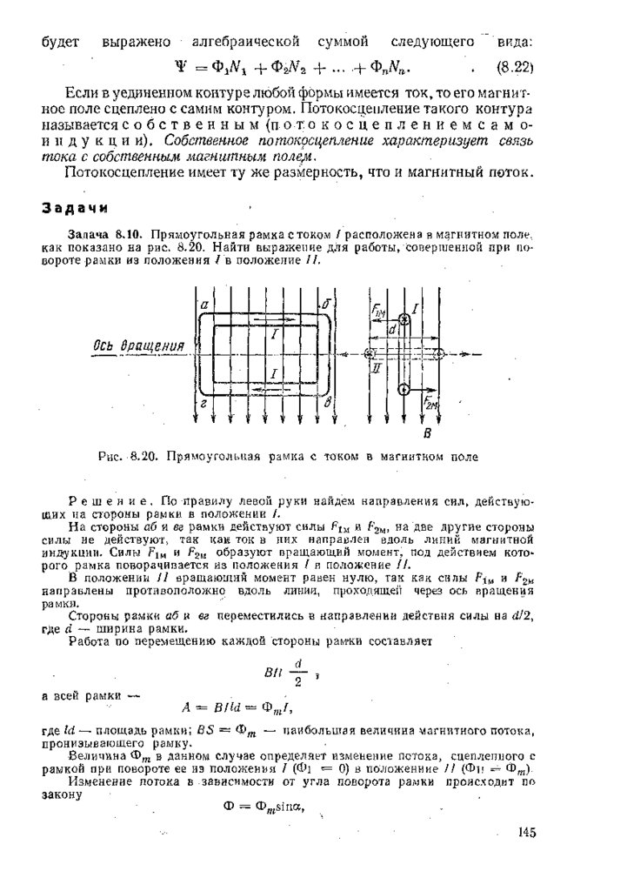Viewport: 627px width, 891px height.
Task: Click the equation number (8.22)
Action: [513, 66]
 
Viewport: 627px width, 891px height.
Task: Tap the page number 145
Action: [526, 833]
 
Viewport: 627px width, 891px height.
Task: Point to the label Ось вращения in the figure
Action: [139, 345]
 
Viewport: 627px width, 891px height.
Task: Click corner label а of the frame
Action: [203, 305]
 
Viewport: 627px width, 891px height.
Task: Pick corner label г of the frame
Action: [203, 405]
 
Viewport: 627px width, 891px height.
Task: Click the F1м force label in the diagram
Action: [378, 312]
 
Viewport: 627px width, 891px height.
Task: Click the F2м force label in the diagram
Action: [432, 402]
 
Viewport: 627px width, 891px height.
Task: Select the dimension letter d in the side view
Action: [392, 331]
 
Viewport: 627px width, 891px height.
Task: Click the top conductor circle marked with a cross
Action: [404, 319]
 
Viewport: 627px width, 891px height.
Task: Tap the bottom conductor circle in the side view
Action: [404, 388]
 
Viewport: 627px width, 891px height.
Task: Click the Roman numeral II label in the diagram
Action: [376, 369]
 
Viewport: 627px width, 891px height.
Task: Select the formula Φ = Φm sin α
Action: [261, 805]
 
